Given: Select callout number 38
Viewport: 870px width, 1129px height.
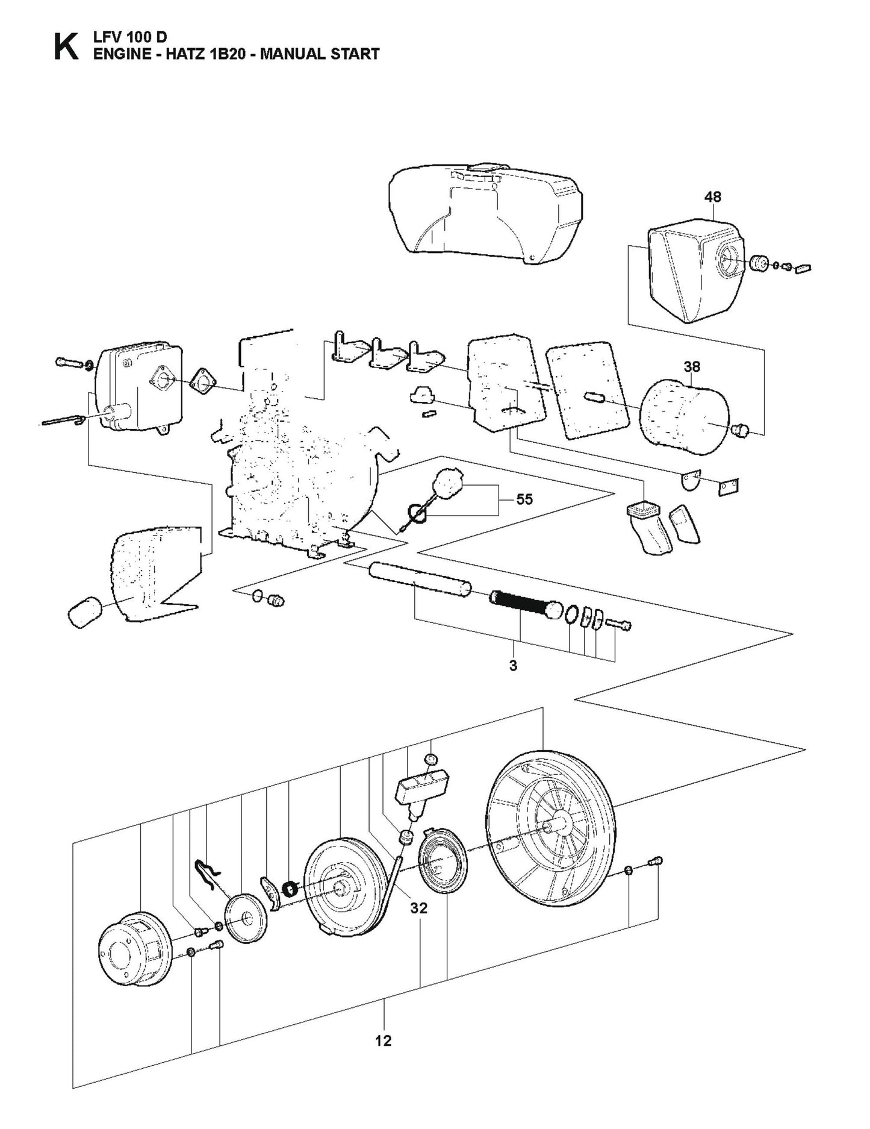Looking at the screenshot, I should pos(692,366).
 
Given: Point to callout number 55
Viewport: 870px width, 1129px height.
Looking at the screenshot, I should pos(524,499).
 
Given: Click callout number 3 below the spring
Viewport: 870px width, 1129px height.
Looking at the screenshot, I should pos(513,666).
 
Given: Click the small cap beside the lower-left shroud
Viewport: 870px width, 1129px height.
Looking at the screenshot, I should pos(84,611).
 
